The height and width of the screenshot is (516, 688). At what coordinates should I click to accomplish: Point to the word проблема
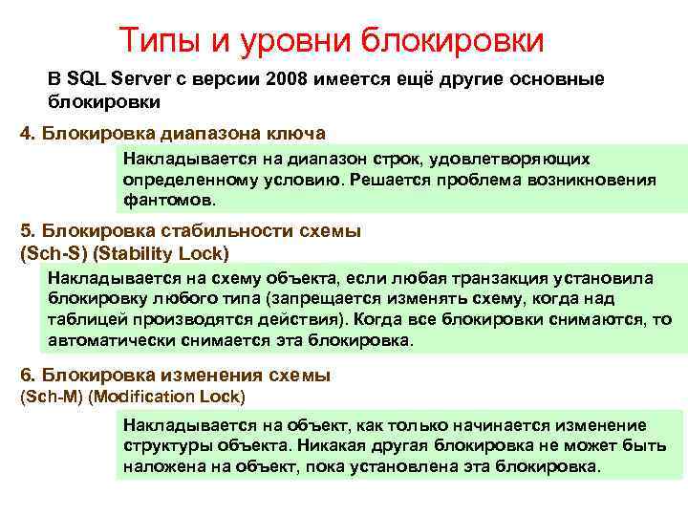pyautogui.click(x=474, y=180)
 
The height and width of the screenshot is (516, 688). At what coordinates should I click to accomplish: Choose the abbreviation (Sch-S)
pyautogui.click(x=51, y=253)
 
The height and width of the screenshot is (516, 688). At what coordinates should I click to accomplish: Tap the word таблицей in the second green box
pyautogui.click(x=85, y=319)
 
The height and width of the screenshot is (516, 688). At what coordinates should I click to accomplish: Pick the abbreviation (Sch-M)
pyautogui.click(x=52, y=395)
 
